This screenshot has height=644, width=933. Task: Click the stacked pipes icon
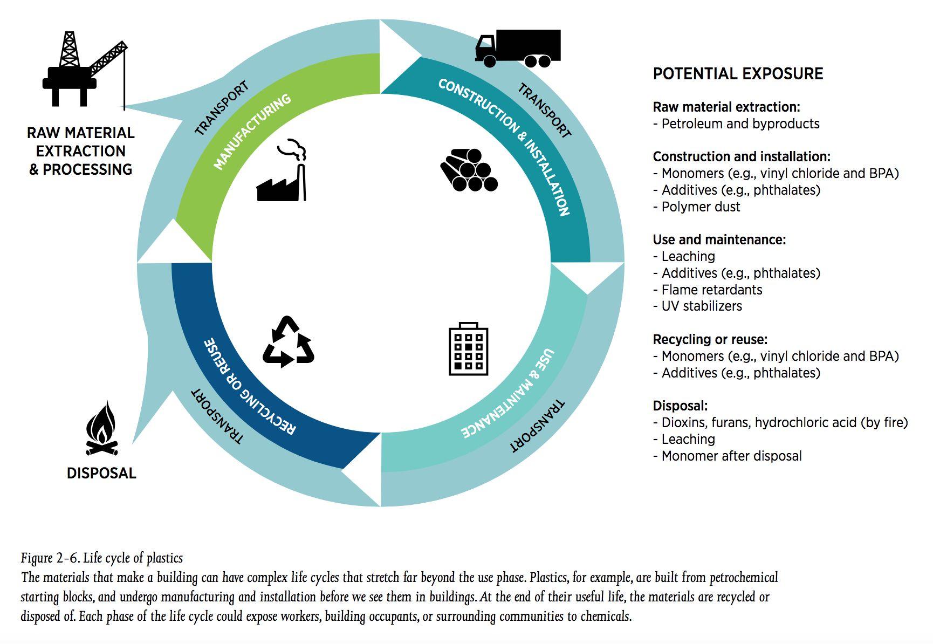(x=468, y=170)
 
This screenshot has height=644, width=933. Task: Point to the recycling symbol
(x=288, y=342)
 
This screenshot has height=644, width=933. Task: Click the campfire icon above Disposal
(x=101, y=429)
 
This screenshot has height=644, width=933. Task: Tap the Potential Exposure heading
(x=738, y=74)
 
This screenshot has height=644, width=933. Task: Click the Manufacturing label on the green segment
(x=252, y=132)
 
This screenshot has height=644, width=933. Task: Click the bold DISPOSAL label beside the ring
(x=101, y=473)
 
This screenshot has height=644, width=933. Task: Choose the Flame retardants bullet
(x=711, y=290)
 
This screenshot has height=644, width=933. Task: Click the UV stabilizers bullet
(x=701, y=306)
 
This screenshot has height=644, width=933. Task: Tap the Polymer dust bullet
(x=700, y=207)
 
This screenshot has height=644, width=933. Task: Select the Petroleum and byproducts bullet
(x=740, y=124)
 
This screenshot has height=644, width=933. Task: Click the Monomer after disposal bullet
(x=731, y=456)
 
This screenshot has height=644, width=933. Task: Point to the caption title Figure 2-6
(x=102, y=558)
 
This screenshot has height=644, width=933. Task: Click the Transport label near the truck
(x=544, y=111)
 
